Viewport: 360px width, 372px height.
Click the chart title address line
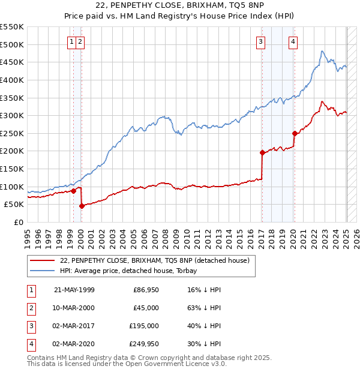(179, 7)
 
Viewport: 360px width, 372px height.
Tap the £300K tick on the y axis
(12, 115)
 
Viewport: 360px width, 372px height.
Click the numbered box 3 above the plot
(261, 41)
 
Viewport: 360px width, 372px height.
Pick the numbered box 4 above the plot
(293, 41)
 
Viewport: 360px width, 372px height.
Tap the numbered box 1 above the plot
(71, 41)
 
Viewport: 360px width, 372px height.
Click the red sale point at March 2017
(262, 152)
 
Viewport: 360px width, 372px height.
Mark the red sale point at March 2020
(295, 133)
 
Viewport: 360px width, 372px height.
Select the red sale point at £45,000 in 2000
(82, 206)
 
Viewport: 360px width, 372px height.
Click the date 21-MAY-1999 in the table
(74, 290)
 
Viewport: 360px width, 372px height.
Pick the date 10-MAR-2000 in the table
(74, 308)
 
